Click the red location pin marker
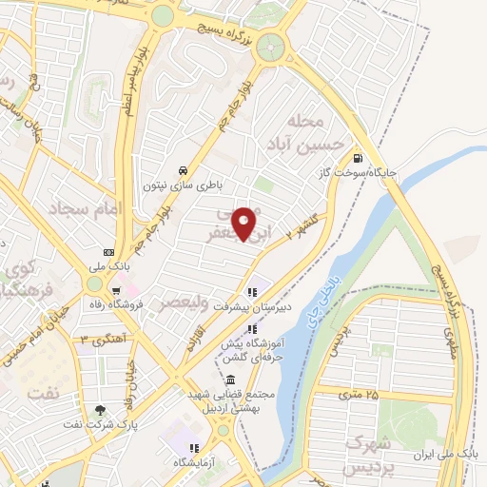(246, 223)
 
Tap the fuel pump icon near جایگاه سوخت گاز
(357, 159)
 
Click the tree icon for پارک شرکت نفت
(100, 410)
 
